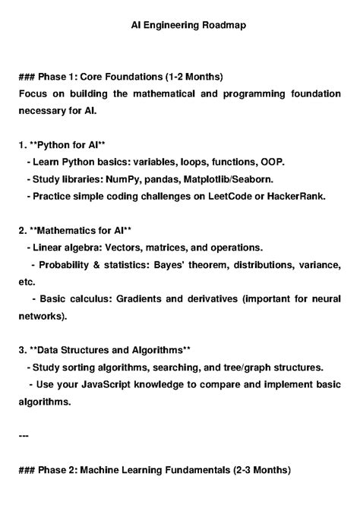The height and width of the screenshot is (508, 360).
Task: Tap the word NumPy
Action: [x=138, y=179]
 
